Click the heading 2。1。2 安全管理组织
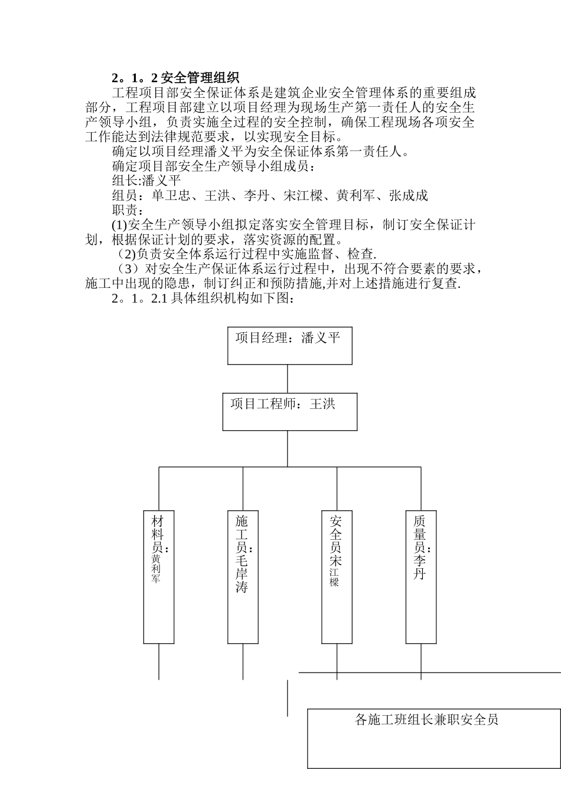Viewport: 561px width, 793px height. click(175, 78)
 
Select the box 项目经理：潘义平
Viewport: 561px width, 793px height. click(289, 345)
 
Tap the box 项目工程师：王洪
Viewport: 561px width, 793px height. click(289, 411)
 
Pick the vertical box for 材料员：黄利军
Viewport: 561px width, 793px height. click(159, 576)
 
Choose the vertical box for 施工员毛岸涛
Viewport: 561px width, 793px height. click(243, 576)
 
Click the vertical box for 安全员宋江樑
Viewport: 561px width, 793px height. click(337, 576)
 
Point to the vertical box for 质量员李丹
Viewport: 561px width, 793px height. click(421, 576)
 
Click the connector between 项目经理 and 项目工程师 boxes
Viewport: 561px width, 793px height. click(288, 378)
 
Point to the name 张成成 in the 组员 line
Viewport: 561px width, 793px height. click(408, 196)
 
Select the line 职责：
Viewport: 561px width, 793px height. click(127, 210)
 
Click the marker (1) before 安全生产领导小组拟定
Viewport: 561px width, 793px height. click(119, 225)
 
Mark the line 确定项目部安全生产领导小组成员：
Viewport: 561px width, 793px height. click(214, 166)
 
